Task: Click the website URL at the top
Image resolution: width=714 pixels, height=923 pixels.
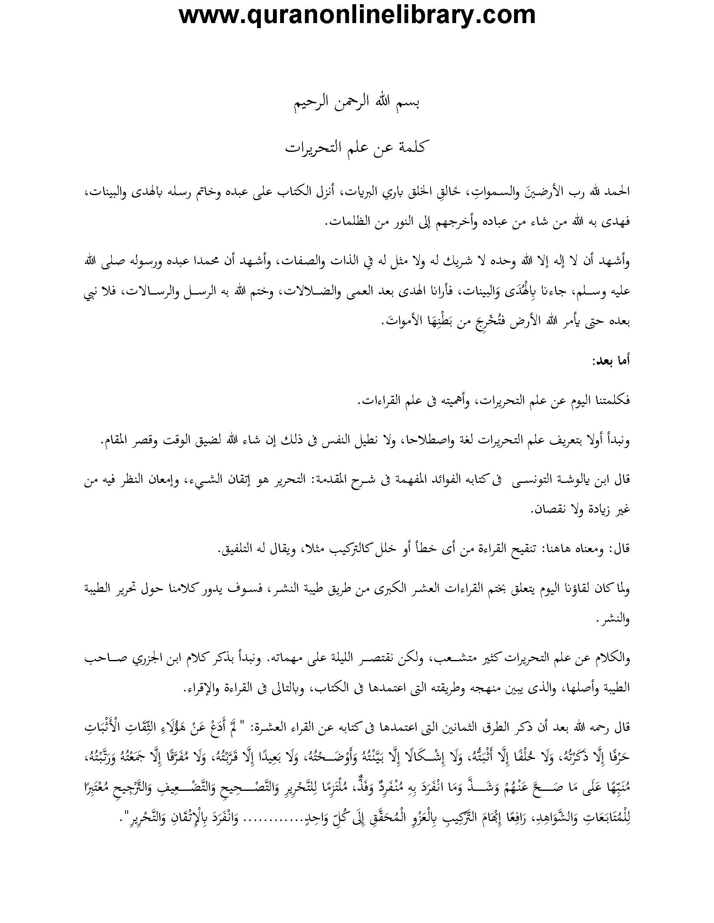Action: (357, 16)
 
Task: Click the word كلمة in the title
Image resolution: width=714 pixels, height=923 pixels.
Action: (412, 149)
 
